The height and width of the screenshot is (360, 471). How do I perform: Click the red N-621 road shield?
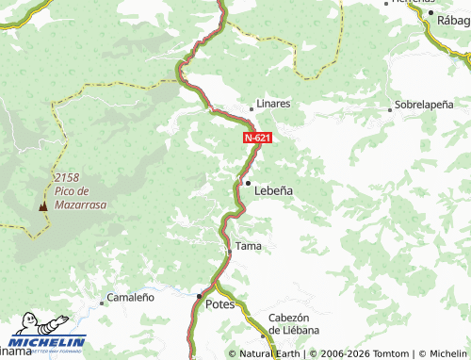[258, 138]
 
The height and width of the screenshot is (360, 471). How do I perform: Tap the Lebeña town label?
[274, 189]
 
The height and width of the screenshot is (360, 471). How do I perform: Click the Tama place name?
[248, 246]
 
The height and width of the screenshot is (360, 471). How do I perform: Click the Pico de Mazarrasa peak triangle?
[41, 205]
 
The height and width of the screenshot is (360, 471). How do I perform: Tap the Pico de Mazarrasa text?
[81, 197]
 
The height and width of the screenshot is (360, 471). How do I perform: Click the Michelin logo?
[46, 340]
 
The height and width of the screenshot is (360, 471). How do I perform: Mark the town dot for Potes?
[199, 296]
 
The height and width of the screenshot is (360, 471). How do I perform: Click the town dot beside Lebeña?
[248, 183]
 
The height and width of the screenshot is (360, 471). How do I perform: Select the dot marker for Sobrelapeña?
[390, 110]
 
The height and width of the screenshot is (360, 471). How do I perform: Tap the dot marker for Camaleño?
[102, 303]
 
